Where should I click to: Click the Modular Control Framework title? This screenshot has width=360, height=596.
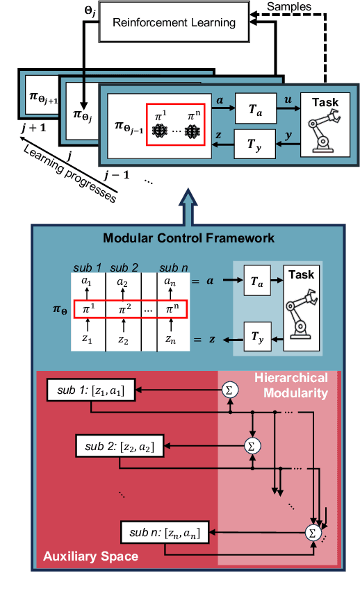[x=188, y=238]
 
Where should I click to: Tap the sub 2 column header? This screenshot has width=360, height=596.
[x=124, y=267]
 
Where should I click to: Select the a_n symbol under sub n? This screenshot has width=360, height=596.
[x=170, y=282]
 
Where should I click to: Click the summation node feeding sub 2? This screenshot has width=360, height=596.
[x=252, y=445]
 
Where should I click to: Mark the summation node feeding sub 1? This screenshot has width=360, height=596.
[x=228, y=390]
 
